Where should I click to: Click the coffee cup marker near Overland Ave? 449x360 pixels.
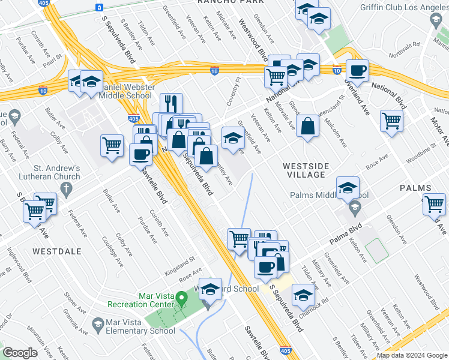358,71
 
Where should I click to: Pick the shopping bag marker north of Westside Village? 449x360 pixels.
307,127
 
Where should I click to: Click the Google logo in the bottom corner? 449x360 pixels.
20,353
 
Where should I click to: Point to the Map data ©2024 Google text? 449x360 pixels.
412,355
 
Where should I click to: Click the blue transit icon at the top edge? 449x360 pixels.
98,8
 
